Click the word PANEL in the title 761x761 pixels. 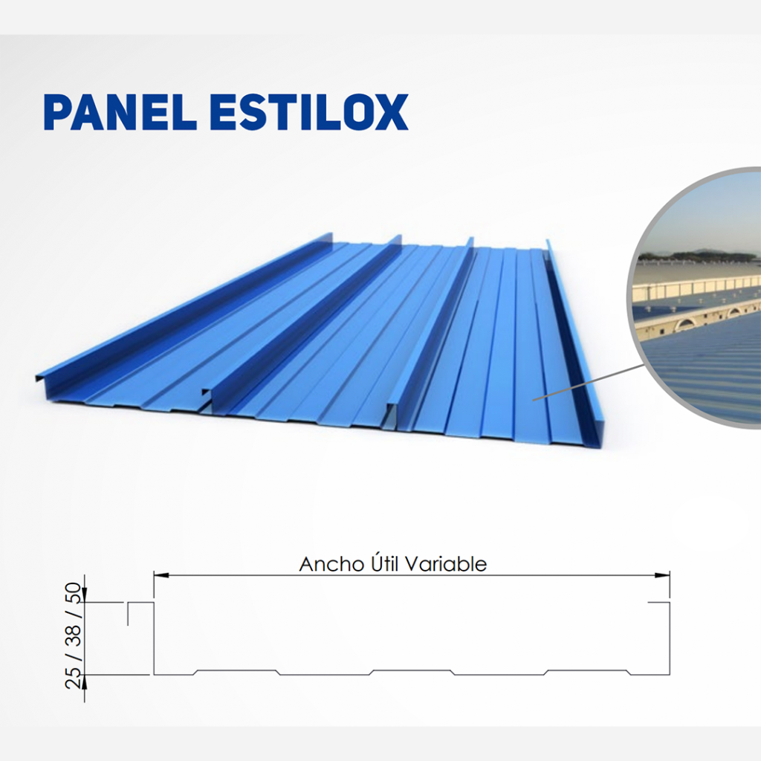point(120,112)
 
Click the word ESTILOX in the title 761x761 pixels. point(310,112)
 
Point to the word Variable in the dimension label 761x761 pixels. point(446,564)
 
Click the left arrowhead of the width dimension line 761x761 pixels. point(161,576)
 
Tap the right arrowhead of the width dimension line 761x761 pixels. point(662,576)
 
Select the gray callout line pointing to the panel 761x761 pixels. point(589,382)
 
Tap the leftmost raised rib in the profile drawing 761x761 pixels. point(236,671)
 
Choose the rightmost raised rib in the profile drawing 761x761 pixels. point(587,671)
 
